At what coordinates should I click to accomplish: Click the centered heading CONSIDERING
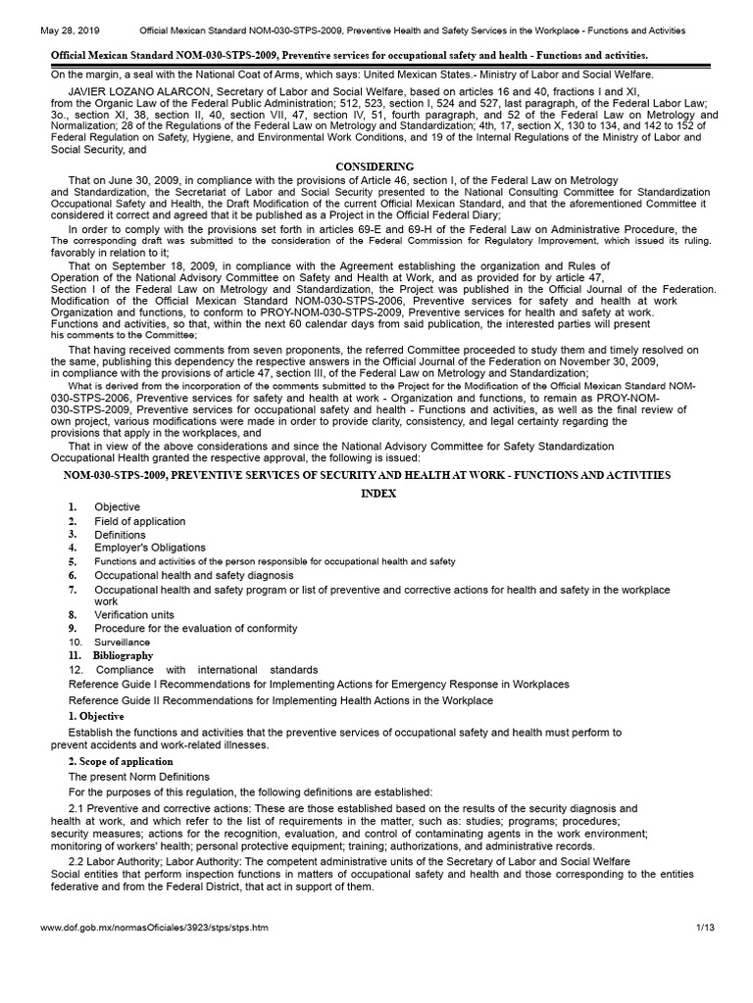click(376, 167)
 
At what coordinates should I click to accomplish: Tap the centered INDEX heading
click(376, 495)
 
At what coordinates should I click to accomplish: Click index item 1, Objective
click(117, 507)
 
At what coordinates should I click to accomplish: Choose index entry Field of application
click(139, 521)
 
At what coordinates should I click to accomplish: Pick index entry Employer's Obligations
click(149, 548)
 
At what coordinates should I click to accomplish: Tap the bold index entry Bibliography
click(123, 654)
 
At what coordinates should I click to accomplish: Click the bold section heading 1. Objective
click(96, 717)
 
